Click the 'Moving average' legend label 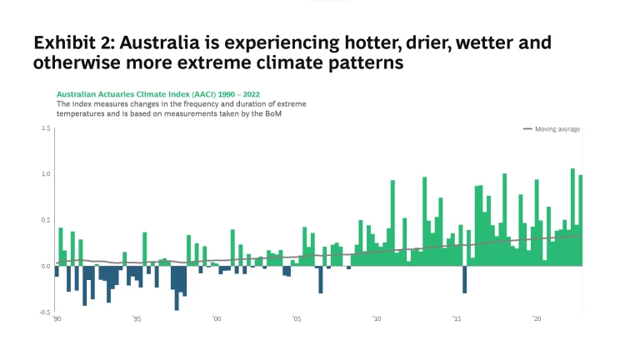point(557,129)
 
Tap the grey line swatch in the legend point(527,129)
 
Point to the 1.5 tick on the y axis point(46,128)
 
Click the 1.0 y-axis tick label point(46,174)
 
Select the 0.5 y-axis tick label point(46,220)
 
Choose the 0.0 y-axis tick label point(46,266)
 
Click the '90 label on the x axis point(57,318)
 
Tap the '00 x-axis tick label point(216,318)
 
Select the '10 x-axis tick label point(377,318)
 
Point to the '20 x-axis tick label point(537,318)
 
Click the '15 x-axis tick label point(457,318)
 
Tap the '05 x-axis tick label point(296,318)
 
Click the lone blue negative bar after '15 point(464,279)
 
